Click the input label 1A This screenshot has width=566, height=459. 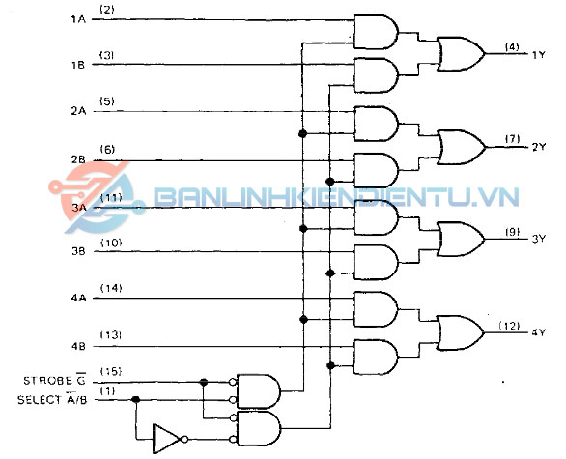coord(78,19)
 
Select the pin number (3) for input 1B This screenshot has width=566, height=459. coord(107,55)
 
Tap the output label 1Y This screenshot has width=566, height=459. coord(539,55)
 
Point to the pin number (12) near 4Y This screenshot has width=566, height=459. coord(509,326)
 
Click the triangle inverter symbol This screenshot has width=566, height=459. coord(166,439)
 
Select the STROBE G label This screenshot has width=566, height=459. coord(54,380)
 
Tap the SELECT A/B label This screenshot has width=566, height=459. coord(52,399)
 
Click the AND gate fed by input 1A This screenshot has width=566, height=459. coord(376,32)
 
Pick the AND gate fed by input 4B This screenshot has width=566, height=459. coord(376,357)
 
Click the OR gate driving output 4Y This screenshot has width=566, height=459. coord(461,332)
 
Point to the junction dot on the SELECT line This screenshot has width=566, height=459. coord(136,399)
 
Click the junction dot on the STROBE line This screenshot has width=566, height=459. coord(204,382)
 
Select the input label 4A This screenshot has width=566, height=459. coord(78,299)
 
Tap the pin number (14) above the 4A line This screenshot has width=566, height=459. coord(111,288)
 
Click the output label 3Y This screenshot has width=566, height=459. coord(539,239)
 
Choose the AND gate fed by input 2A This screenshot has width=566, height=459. coord(376,124)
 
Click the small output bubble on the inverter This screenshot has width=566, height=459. coord(184,439)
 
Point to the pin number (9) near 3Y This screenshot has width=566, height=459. coord(512,232)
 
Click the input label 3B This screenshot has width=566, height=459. coord(78,251)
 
